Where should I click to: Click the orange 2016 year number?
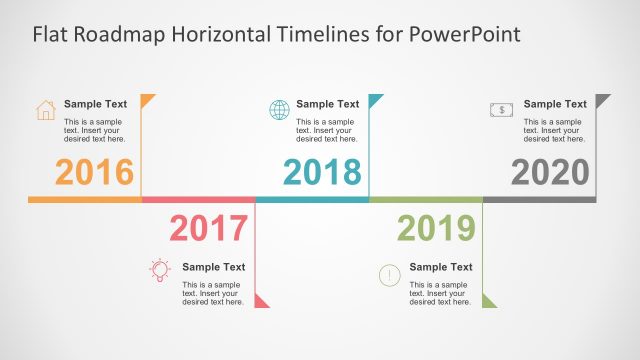click(94, 172)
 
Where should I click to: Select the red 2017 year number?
click(208, 229)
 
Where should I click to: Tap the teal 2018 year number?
click(322, 172)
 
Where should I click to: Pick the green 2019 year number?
click(436, 229)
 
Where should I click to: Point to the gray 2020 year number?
click(550, 172)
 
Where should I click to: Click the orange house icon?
click(46, 110)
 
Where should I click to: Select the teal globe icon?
click(278, 110)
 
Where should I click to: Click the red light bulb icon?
click(159, 270)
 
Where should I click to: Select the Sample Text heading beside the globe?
click(327, 104)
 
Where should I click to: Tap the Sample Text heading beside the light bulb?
click(213, 267)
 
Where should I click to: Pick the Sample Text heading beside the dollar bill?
click(555, 104)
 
